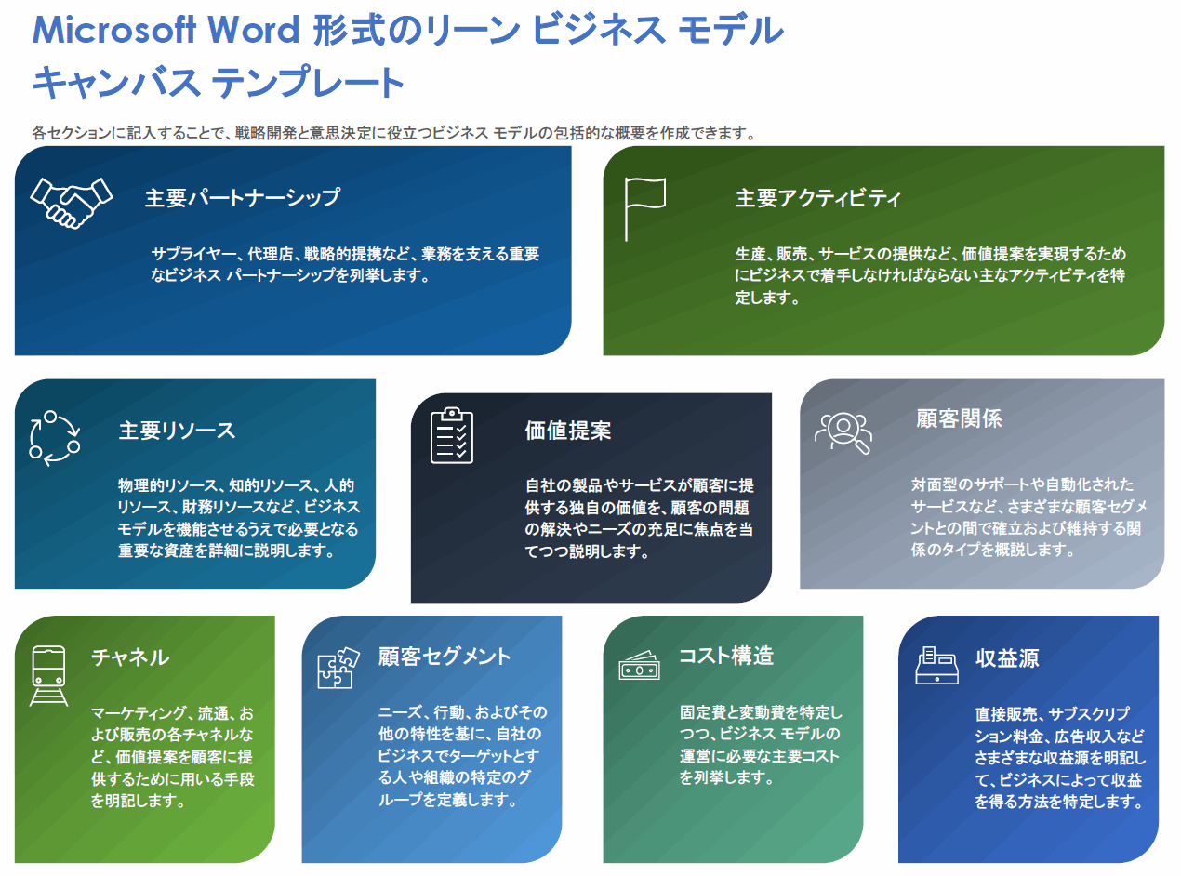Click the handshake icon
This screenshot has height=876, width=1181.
(x=71, y=202)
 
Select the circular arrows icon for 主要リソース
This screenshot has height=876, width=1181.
(x=55, y=435)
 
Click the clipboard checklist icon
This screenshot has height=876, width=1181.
(x=452, y=435)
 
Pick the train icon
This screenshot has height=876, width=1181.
(x=48, y=674)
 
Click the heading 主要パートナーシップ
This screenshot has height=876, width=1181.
(x=242, y=198)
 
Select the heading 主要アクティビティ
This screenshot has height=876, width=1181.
(x=818, y=198)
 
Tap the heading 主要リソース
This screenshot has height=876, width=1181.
(x=177, y=431)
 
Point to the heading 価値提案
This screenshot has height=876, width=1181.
(x=568, y=431)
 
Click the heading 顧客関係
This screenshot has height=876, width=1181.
(x=959, y=418)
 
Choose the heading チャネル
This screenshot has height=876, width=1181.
(x=130, y=657)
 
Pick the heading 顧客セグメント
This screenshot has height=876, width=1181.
(x=445, y=657)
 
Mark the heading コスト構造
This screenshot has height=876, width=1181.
(x=726, y=656)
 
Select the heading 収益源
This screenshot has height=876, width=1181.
(x=1007, y=658)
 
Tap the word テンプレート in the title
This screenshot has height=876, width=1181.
(x=308, y=83)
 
